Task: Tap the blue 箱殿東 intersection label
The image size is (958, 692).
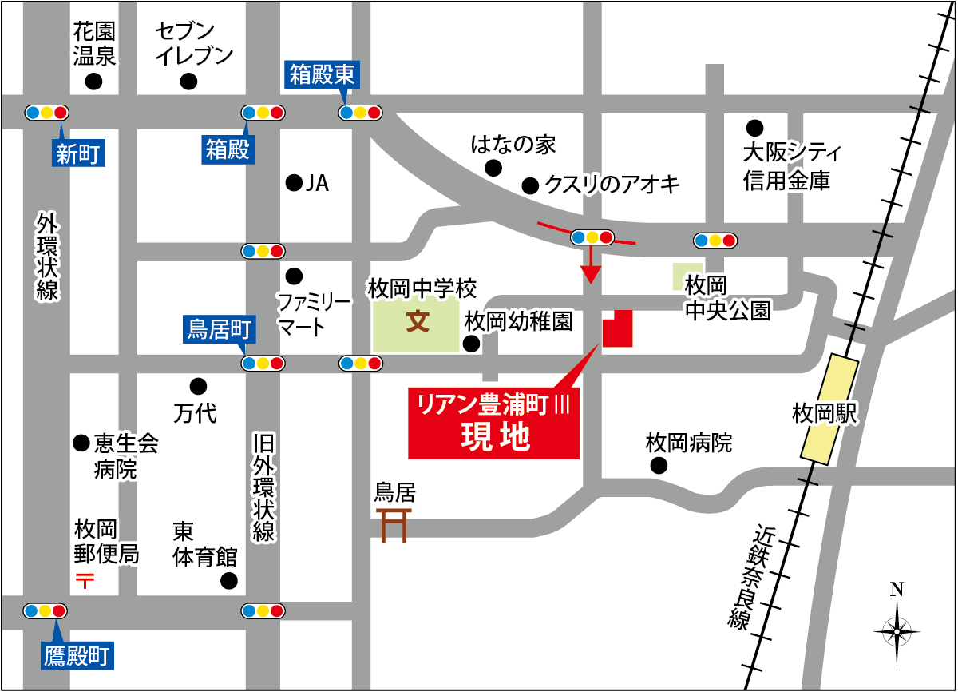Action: (323, 77)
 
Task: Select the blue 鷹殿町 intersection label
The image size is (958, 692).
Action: (77, 656)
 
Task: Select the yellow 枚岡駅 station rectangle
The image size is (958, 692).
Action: (830, 410)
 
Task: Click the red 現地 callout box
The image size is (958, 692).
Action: (493, 424)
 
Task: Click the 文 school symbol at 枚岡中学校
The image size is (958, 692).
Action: (418, 322)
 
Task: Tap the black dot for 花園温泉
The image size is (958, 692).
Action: (94, 82)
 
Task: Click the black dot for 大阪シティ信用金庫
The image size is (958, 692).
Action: (754, 127)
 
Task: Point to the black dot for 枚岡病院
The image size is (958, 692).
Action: (659, 466)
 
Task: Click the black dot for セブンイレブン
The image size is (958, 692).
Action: (188, 82)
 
